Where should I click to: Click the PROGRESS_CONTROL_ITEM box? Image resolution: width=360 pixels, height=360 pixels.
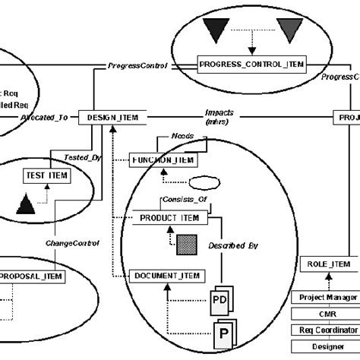pyautogui.click(x=251, y=65)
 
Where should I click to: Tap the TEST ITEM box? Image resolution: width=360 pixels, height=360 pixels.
pyautogui.click(x=46, y=175)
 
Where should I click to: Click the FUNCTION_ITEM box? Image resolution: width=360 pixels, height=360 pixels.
pyautogui.click(x=164, y=161)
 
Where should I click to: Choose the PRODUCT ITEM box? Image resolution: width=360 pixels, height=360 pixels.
pyautogui.click(x=169, y=219)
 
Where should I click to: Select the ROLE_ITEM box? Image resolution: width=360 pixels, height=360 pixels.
pyautogui.click(x=330, y=264)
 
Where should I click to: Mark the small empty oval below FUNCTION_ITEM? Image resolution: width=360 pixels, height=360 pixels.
pyautogui.click(x=203, y=183)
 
